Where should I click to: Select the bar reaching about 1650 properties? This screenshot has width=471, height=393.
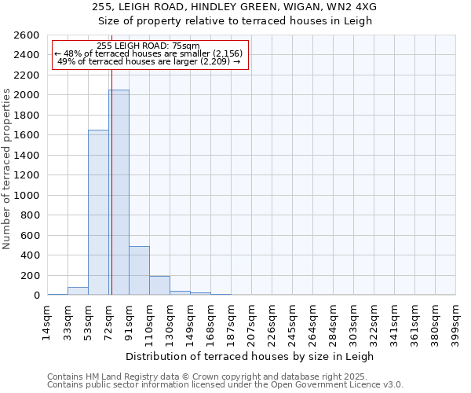click(x=98, y=212)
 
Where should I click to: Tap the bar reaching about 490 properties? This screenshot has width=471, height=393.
click(x=139, y=270)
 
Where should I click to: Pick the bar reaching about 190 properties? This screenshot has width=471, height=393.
click(x=159, y=285)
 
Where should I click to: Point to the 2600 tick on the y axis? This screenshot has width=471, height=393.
click(x=28, y=35)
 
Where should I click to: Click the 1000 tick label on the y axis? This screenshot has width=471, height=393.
click(x=28, y=195)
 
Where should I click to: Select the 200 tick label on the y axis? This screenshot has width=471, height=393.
click(x=31, y=275)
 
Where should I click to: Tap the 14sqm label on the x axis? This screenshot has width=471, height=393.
click(x=47, y=321)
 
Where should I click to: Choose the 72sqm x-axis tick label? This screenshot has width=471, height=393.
click(x=108, y=321)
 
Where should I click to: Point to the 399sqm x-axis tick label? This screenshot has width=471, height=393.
click(x=455, y=322)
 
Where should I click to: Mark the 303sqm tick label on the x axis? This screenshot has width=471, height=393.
click(x=353, y=322)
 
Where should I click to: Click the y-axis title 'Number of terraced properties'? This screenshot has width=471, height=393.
click(x=8, y=169)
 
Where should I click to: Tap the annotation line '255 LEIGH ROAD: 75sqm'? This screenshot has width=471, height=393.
click(x=149, y=46)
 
